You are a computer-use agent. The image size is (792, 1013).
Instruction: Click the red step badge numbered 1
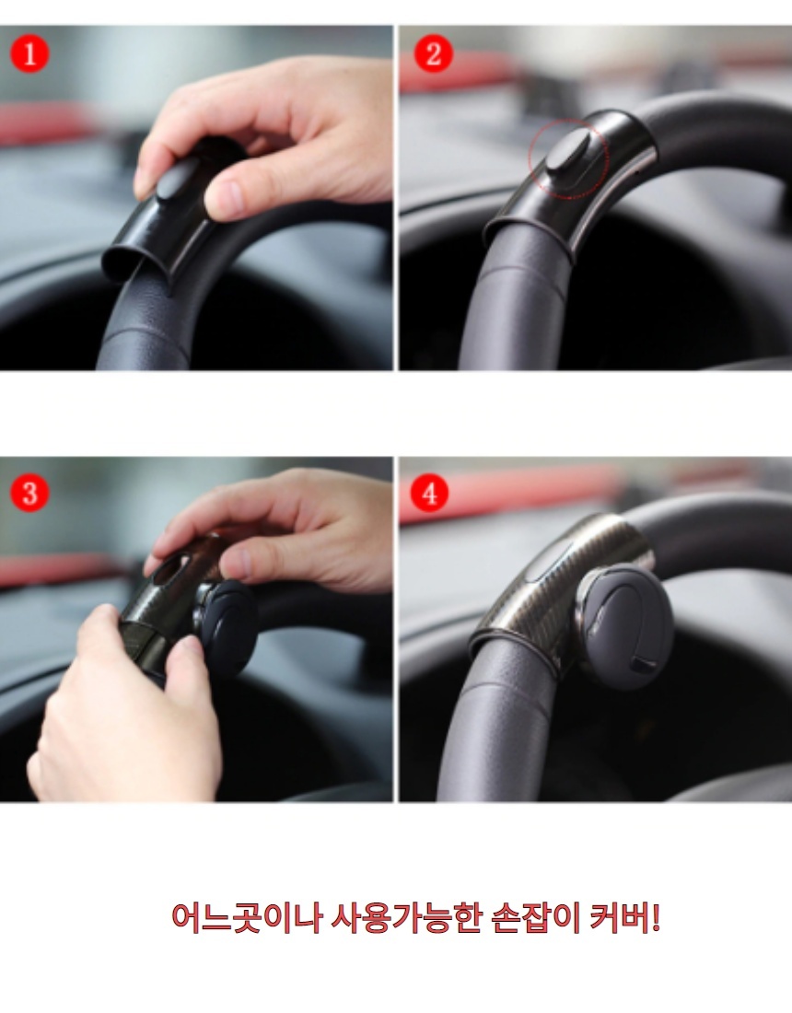pyautogui.click(x=29, y=53)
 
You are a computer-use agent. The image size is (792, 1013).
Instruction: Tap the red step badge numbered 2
pyautogui.click(x=433, y=53)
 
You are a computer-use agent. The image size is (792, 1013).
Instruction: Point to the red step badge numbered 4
pyautogui.click(x=429, y=495)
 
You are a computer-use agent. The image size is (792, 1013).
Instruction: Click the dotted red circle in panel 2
pyautogui.click(x=568, y=157)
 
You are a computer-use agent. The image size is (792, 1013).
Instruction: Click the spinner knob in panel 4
pyautogui.click(x=624, y=625)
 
